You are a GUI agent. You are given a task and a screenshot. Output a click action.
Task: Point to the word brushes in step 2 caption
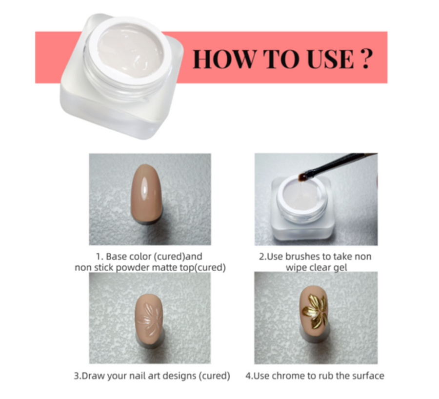(x=304, y=257)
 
